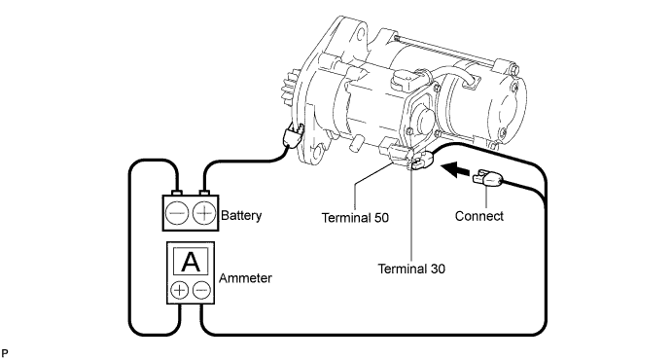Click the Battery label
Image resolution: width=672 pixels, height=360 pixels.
point(241,215)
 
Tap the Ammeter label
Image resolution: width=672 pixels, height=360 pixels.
point(245,278)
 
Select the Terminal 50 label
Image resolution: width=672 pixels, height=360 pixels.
point(355,218)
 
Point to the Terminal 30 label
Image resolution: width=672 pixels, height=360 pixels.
point(411,269)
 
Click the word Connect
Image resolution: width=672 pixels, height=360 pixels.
point(479,216)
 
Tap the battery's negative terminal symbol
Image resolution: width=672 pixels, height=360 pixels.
point(177,213)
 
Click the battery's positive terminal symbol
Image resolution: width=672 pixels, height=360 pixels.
point(204,213)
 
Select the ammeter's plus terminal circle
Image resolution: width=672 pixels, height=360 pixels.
point(180,290)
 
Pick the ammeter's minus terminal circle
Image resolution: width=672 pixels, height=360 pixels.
point(201,290)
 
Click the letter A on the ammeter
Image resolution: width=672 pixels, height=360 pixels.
point(191,262)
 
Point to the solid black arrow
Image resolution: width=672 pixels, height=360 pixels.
point(455,169)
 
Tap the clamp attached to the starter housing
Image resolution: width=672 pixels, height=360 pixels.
point(293,136)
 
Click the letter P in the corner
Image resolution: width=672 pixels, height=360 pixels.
point(4,353)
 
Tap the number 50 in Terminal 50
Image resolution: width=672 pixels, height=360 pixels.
point(380,218)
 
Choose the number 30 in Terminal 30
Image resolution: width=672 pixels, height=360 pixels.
point(438,269)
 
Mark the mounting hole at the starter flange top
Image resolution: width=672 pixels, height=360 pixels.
point(361,33)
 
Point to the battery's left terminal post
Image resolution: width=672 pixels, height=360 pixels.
point(177,193)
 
